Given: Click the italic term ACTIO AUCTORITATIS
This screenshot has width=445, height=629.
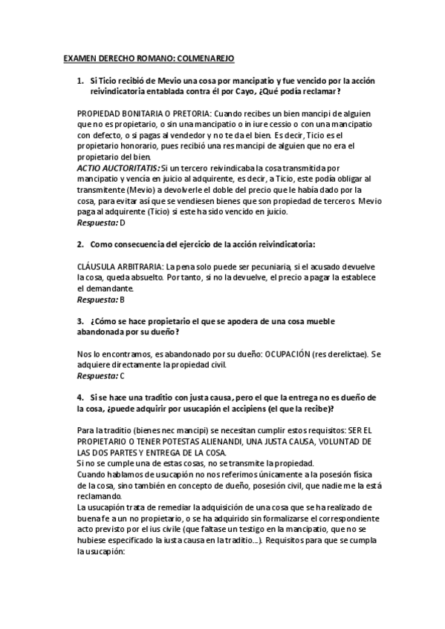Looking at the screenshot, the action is point(118,168).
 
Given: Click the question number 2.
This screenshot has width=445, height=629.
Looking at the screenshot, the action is point(80,244).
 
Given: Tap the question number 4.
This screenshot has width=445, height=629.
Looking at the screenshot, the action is point(80,398).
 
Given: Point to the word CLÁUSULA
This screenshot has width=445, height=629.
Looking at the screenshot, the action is point(99,266).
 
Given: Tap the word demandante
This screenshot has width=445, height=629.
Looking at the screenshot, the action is point(108,288).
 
